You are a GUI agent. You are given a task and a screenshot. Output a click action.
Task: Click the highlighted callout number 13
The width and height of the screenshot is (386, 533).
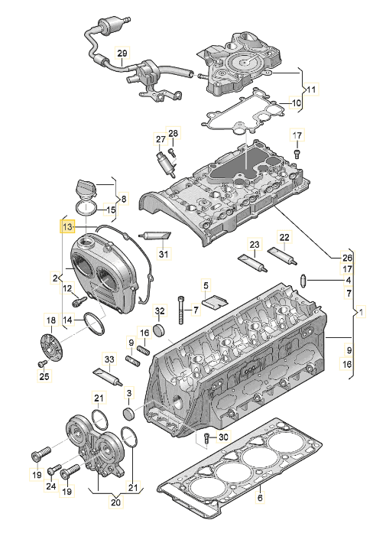[x=68, y=226]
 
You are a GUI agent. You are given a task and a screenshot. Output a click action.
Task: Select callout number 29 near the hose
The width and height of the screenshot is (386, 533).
[x=122, y=53]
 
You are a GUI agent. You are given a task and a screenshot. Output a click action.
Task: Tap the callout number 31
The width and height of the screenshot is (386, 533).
[x=164, y=254]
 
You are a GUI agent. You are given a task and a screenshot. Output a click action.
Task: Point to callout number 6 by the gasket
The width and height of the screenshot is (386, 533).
[x=260, y=498]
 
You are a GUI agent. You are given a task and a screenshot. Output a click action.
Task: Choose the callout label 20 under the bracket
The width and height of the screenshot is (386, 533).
[x=116, y=502]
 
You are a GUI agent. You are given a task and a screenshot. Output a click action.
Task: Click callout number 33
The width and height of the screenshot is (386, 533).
[x=109, y=359]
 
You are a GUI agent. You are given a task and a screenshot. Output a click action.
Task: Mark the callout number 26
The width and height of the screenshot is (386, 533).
[x=347, y=258]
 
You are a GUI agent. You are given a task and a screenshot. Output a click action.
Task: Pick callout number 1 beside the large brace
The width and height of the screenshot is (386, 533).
[x=362, y=311]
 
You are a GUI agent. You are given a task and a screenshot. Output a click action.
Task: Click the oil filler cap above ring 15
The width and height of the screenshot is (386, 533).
[x=86, y=188]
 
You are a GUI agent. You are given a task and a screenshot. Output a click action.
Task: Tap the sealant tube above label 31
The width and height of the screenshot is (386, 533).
[x=155, y=236]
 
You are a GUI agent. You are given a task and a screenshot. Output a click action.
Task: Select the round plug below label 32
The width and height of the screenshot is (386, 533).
[x=160, y=329]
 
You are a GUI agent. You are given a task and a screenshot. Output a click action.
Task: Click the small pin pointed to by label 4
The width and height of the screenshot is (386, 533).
[x=303, y=281]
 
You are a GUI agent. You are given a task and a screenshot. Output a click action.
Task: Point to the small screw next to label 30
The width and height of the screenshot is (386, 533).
[x=206, y=438]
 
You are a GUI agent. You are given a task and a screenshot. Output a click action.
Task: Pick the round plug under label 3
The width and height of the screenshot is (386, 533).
[x=128, y=413]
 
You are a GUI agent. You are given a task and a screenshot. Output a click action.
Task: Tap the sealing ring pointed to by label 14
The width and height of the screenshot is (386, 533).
[x=94, y=323]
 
